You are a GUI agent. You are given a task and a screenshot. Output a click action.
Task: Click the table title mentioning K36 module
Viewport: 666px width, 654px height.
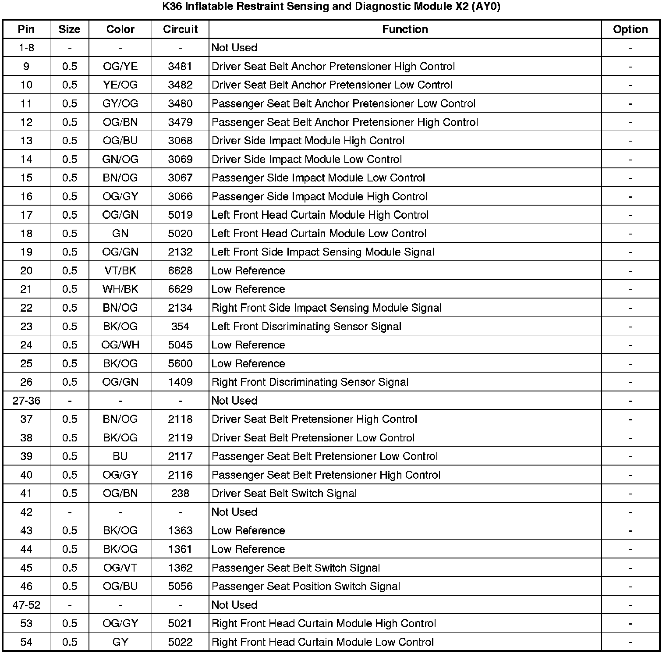tap(331, 7)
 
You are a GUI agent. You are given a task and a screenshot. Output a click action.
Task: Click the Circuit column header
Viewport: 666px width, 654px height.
tap(180, 29)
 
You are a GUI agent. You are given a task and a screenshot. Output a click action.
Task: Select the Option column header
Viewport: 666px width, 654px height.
tap(630, 29)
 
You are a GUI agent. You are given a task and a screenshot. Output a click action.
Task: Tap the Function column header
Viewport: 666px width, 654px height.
tap(405, 29)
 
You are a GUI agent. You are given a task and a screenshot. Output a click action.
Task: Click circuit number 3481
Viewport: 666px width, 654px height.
tap(180, 67)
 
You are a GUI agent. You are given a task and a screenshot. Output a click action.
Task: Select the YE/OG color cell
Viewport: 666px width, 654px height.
tap(120, 85)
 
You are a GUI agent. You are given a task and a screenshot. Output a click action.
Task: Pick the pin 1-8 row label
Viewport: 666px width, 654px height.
tap(26, 48)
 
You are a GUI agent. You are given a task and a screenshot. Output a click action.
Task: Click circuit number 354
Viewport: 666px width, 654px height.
tap(180, 327)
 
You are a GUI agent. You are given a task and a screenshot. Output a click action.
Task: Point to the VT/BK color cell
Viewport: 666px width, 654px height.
tap(120, 271)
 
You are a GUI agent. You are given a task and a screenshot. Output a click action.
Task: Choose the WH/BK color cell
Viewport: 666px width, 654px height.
tap(120, 289)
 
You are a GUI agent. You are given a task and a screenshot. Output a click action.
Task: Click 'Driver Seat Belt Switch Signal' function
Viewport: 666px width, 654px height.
tap(284, 494)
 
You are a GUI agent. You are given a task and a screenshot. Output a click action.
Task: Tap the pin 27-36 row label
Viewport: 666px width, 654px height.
tap(26, 401)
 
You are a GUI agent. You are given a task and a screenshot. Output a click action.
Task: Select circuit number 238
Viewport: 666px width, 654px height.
tap(180, 494)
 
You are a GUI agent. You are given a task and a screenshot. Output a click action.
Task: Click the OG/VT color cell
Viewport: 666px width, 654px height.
tap(120, 568)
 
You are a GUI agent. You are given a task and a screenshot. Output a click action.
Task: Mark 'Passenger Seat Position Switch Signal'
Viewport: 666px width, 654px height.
tap(306, 586)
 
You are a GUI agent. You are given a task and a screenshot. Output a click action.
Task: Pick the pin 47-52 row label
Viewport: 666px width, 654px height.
tap(26, 605)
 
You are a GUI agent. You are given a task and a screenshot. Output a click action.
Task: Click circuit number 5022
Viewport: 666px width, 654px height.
tap(180, 642)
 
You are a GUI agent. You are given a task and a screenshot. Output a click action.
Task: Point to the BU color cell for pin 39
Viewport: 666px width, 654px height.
tap(120, 456)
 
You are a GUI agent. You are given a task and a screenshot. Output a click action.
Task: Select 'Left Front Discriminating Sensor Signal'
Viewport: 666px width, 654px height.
tap(306, 327)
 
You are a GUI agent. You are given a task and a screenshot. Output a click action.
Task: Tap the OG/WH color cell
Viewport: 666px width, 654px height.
tap(120, 345)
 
